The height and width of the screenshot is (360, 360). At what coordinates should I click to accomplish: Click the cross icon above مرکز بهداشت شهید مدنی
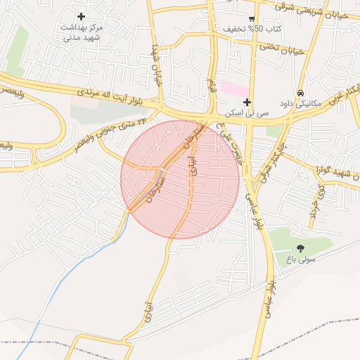pos(82,16)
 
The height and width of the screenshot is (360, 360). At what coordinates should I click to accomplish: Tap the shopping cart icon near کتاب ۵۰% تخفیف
pos(252,19)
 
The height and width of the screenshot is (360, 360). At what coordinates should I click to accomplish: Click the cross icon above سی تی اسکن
pos(247,102)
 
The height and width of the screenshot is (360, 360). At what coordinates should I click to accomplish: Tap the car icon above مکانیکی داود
pos(300,93)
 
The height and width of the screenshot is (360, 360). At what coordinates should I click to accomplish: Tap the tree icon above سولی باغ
pos(301,247)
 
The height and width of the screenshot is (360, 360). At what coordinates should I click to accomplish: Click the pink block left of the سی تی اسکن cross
pos(234,89)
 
